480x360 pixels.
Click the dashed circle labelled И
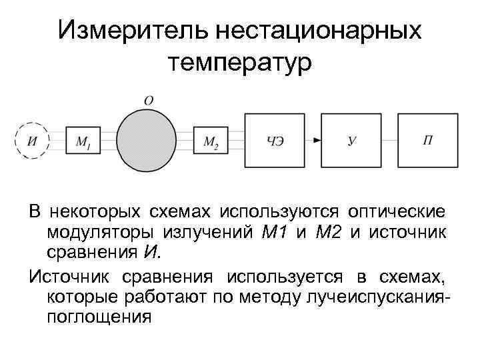coord(32,140)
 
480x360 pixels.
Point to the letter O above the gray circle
coord(149,100)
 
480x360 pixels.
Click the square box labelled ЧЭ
coord(275,140)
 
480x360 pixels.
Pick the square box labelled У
coord(351,140)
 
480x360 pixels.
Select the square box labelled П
coord(428,140)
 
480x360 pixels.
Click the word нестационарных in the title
coord(323,31)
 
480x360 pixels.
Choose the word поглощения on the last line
coord(99,317)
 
